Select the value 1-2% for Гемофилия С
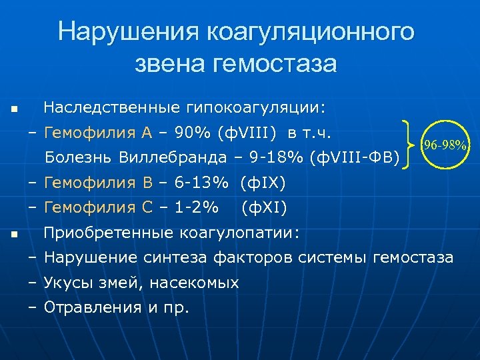point(195,208)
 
